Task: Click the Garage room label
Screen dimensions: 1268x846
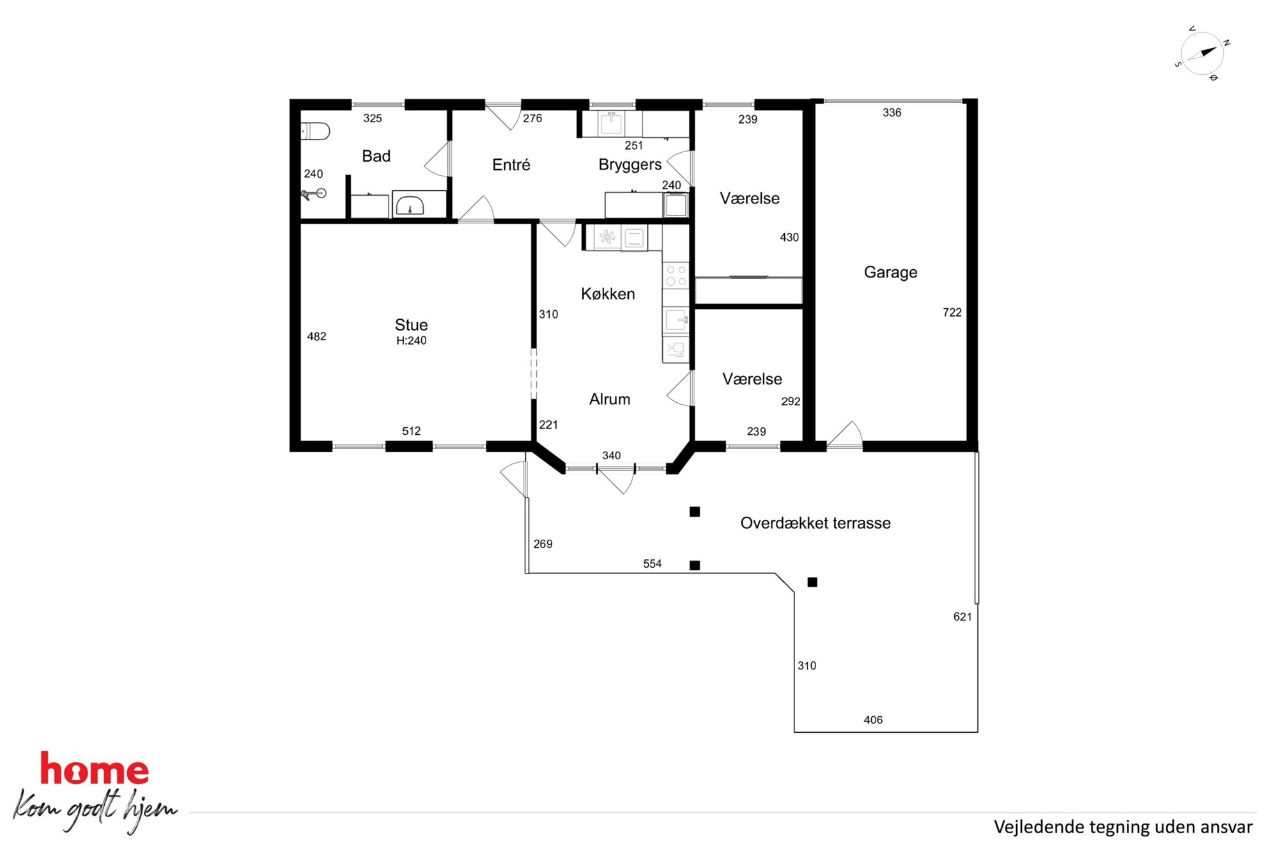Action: pos(890,272)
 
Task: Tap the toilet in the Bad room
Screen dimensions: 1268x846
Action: pos(315,131)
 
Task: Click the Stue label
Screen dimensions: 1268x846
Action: pos(411,325)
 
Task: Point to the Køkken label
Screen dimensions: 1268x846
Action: pos(608,294)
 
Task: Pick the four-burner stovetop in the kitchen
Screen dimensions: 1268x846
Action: pos(676,276)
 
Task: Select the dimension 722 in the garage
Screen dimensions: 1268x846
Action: pos(952,313)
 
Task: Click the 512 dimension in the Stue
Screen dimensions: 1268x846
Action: pos(411,431)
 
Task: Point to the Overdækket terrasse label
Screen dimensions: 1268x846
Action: pos(815,523)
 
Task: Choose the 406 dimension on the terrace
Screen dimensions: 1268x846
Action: pos(873,720)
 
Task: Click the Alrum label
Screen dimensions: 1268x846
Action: pos(609,400)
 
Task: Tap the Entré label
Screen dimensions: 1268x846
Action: pos(511,165)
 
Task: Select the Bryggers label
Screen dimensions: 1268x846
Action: pos(630,165)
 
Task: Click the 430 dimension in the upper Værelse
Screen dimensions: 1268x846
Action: pos(789,237)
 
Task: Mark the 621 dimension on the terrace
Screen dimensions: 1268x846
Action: pos(963,617)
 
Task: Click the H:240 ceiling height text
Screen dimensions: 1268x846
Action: pos(411,341)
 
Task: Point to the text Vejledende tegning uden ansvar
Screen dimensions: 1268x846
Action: pos(1123,827)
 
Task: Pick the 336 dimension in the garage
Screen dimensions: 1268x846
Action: pos(892,113)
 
